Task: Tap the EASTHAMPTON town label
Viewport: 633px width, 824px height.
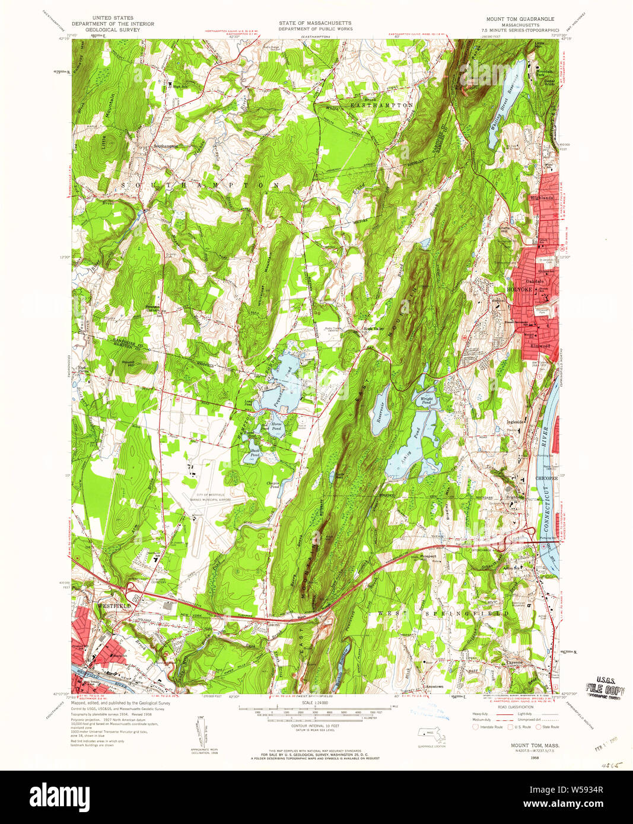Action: pos(381,105)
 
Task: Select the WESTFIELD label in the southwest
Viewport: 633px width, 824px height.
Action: pos(114,606)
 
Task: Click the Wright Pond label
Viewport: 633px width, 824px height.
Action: pos(427,400)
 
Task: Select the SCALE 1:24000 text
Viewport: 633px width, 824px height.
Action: pos(316,703)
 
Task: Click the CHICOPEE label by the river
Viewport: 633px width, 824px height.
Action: pos(546,477)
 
